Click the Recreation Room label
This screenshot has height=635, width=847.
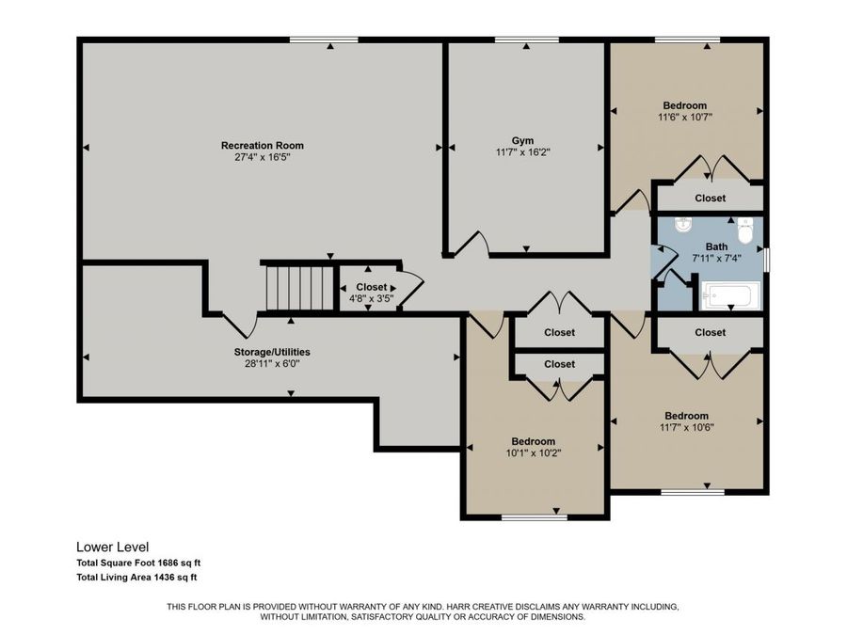(262, 146)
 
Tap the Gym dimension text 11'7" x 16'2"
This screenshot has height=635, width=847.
(521, 151)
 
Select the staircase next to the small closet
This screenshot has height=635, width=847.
(296, 287)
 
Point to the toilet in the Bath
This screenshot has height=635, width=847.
(745, 229)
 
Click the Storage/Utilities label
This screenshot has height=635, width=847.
(271, 352)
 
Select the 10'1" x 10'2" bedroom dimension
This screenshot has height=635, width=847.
(533, 452)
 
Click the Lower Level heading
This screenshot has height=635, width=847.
(112, 547)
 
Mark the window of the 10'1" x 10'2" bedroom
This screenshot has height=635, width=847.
(534, 516)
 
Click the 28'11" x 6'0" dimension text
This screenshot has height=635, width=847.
(271, 363)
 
